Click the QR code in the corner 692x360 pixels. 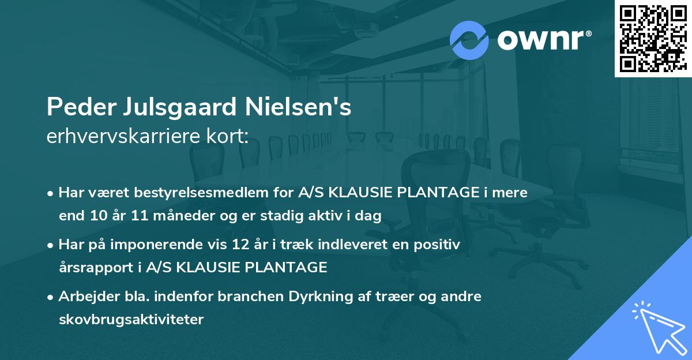[x=652, y=37]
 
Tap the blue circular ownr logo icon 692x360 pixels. [x=469, y=40]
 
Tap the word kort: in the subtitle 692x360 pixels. [x=227, y=136]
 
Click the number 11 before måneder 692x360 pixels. [x=137, y=216]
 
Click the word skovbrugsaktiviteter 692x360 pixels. [x=131, y=319]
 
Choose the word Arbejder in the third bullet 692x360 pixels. [x=84, y=297]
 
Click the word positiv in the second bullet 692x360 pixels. [x=441, y=245]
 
